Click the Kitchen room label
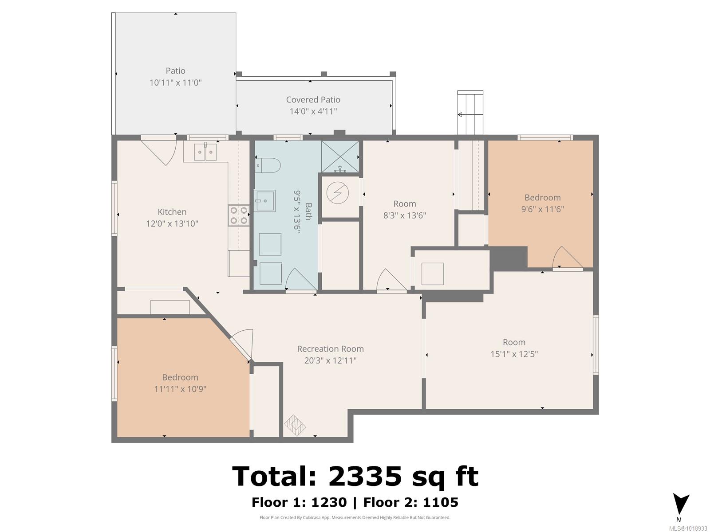pos(172,212)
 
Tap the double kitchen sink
pos(205,152)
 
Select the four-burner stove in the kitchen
pos(239,215)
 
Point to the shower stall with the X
pos(340,156)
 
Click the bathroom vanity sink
pos(264,200)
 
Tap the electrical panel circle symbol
pos(337,193)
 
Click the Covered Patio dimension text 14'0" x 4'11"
pos(313,111)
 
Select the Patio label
pos(175,71)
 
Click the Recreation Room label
pos(330,349)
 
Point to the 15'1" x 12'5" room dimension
pos(514,354)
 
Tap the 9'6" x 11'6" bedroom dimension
pos(542,209)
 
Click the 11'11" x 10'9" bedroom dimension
pos(180,389)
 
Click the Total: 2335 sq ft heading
pos(355,477)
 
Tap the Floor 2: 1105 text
pos(411,503)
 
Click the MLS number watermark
pos(688,528)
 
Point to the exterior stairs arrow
pos(464,114)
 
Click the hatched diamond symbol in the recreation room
pos(295,426)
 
